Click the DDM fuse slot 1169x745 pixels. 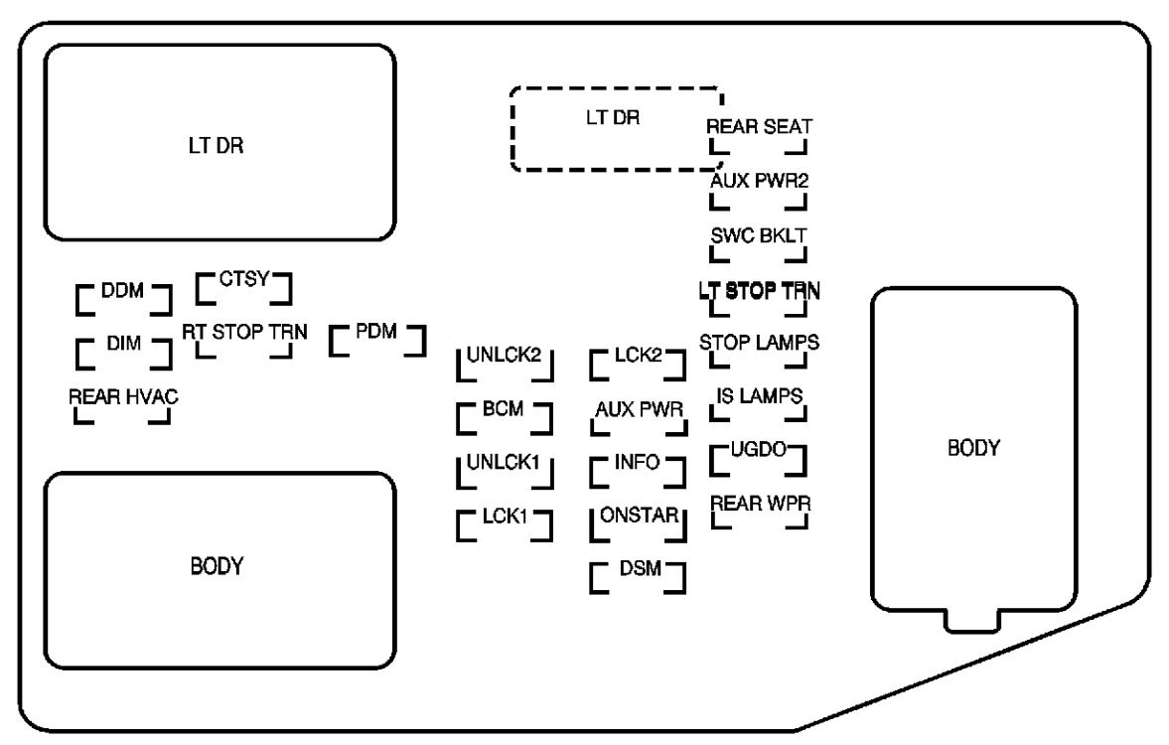pyautogui.click(x=124, y=297)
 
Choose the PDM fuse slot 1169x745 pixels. pyautogui.click(x=376, y=338)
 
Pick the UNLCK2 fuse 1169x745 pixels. pyautogui.click(x=504, y=364)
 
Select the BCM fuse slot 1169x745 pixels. pyautogui.click(x=504, y=416)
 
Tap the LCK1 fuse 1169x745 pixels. pyautogui.click(x=504, y=522)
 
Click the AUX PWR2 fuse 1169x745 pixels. pyautogui.click(x=758, y=189)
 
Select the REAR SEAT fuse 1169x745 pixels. pyautogui.click(x=758, y=136)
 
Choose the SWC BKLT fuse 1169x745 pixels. pyautogui.click(x=758, y=243)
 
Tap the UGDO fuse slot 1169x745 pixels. pyautogui.click(x=758, y=457)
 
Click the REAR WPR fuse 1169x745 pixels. pyautogui.click(x=758, y=510)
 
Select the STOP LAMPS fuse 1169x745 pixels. pyautogui.click(x=758, y=351)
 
